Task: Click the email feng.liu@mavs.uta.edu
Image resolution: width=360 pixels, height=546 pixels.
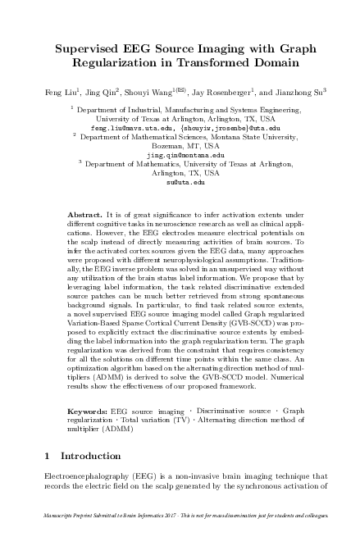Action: click(124, 128)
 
